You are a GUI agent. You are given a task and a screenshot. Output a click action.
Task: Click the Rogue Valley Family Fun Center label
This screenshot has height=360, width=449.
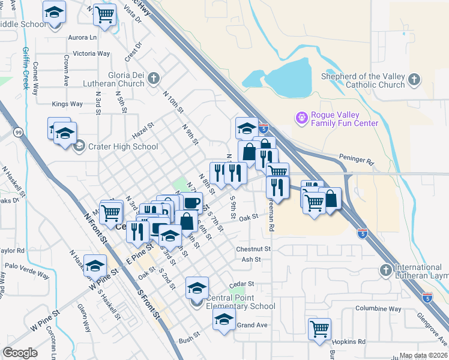point(344,119)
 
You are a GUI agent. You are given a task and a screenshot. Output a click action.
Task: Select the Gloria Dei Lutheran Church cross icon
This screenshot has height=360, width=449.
point(154,78)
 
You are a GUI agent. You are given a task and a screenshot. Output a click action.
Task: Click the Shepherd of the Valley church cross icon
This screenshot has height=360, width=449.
point(414,80)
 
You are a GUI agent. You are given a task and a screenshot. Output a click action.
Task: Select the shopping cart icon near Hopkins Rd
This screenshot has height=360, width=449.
point(319,329)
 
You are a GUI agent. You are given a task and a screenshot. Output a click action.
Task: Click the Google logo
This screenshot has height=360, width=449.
point(20,353)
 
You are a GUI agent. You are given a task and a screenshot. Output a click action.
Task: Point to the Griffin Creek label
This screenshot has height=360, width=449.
point(26,68)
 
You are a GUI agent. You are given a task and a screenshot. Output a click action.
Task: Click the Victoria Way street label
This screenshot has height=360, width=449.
point(91,53)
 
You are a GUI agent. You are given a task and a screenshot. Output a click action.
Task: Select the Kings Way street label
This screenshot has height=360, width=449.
point(67,104)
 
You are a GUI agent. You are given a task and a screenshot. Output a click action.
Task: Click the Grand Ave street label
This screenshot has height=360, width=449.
point(252,325)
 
